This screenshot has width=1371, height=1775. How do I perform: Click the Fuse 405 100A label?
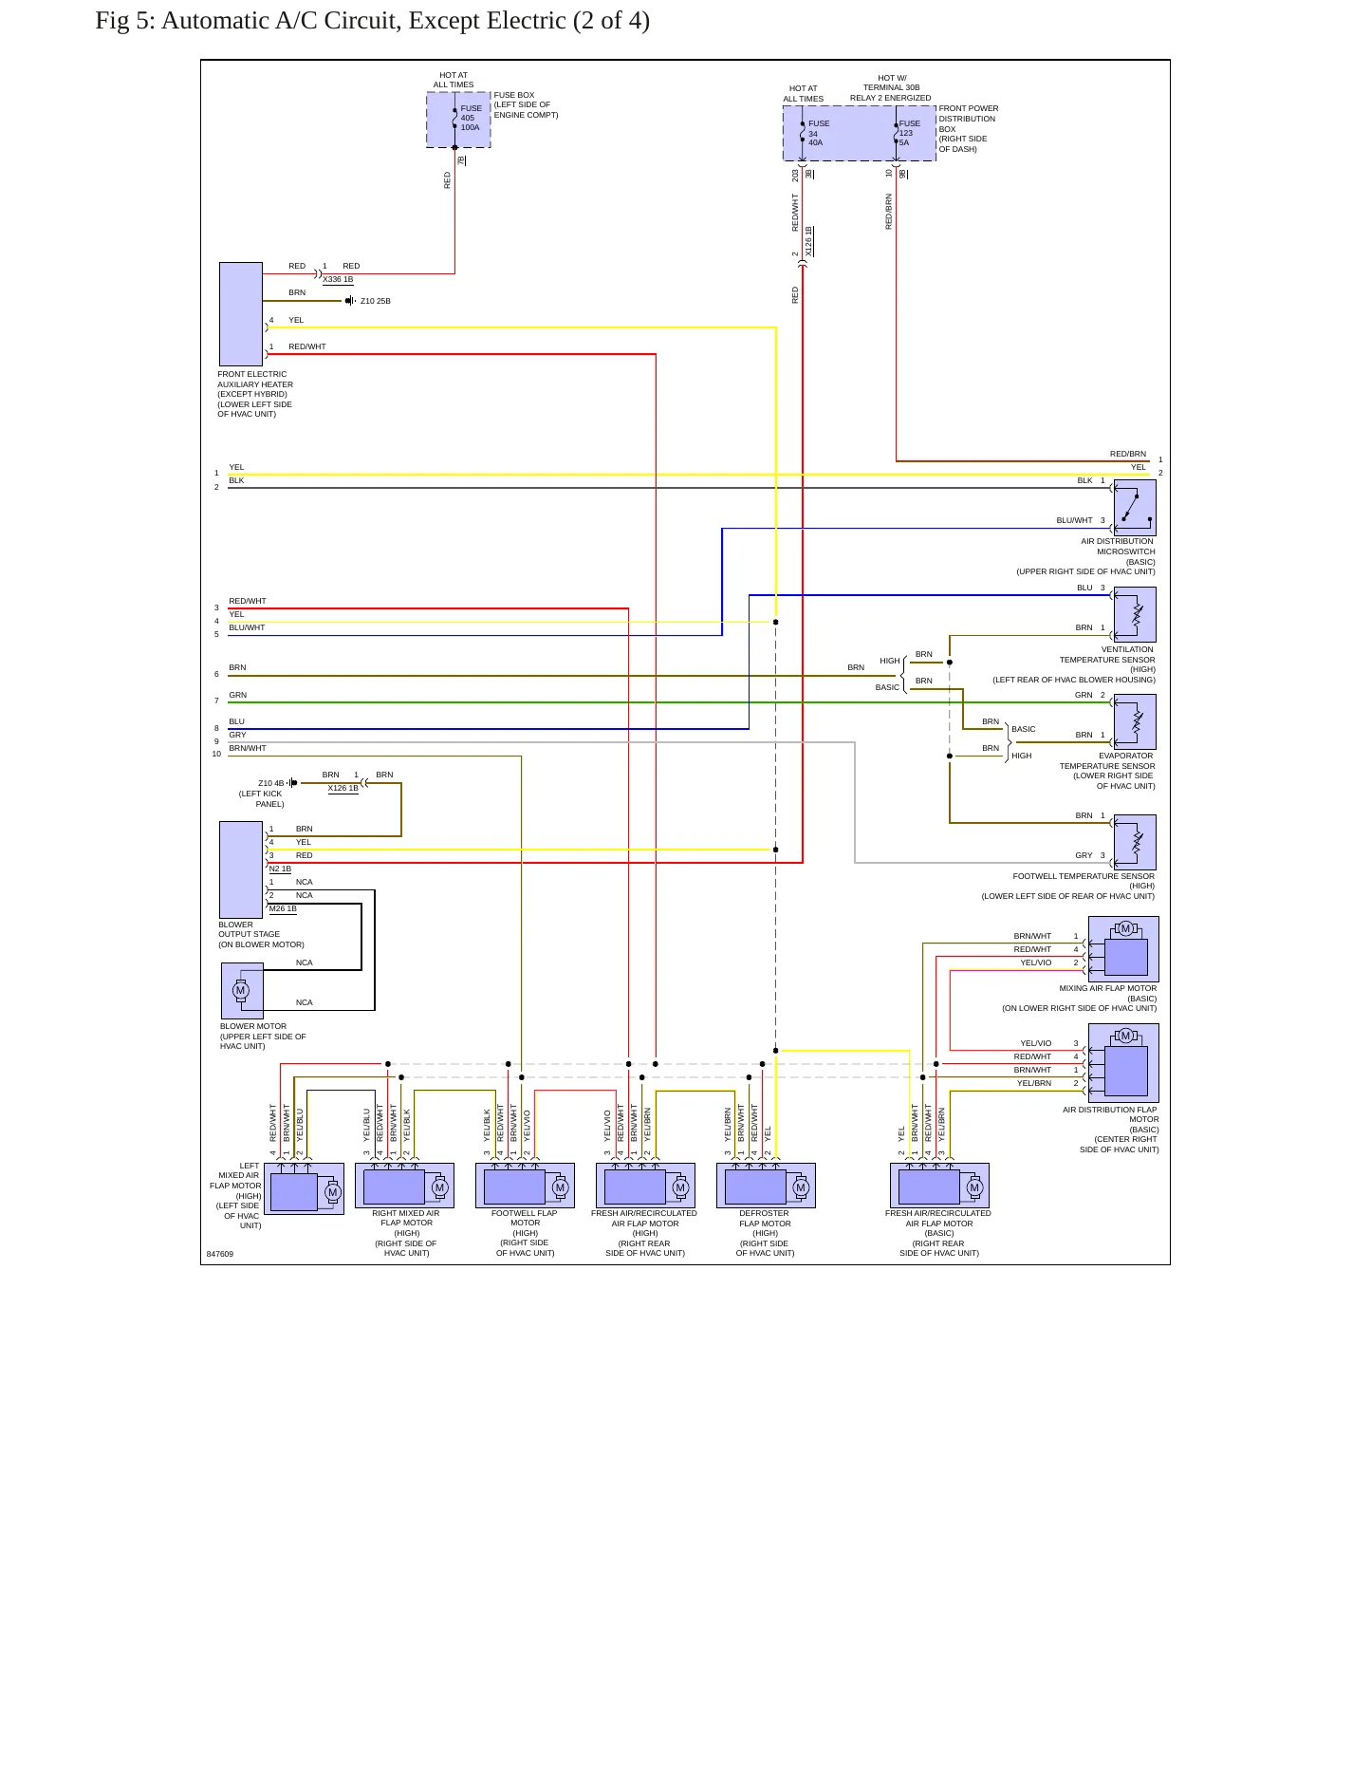point(471,118)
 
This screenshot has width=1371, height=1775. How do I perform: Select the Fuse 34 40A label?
point(818,133)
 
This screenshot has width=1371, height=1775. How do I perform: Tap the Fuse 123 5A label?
point(909,133)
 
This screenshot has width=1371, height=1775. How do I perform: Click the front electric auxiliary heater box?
point(241,314)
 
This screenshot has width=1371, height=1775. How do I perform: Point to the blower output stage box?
point(241,869)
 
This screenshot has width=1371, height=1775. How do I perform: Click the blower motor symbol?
point(242,991)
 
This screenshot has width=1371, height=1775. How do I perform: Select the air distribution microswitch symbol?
point(1135,508)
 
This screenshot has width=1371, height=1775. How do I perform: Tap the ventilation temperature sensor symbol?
point(1135,614)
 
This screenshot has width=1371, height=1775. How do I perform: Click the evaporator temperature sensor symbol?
point(1135,721)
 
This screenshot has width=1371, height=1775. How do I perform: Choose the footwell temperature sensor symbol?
point(1135,842)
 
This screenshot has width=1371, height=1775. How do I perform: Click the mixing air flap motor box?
point(1123,949)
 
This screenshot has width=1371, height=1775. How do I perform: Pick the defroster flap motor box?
point(766,1186)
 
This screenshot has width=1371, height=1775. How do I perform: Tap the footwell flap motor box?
point(525,1186)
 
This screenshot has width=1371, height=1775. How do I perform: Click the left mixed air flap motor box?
point(304,1189)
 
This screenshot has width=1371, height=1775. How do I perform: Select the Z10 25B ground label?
point(376,301)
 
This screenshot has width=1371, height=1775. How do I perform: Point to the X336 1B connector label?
point(338,280)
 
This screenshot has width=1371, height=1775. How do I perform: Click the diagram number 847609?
point(220,1254)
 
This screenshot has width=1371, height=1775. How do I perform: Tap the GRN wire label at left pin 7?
point(237,695)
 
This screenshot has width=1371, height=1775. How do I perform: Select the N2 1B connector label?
point(280,869)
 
